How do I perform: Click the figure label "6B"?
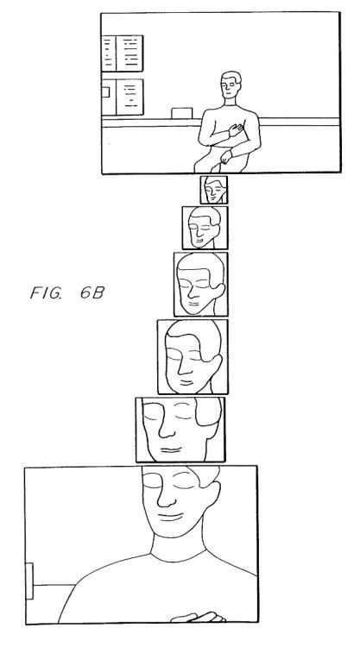92,292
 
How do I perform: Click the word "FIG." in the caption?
46,292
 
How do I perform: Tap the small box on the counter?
181,113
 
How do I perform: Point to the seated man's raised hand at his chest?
237,130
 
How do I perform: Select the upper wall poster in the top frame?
123,53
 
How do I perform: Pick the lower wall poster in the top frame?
123,97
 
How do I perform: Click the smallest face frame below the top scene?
214,190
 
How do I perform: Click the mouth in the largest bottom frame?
170,517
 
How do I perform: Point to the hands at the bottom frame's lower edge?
199,618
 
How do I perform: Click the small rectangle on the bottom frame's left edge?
29,581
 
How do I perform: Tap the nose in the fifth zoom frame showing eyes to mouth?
167,428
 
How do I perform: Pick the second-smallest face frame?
205,228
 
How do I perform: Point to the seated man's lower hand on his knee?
226,156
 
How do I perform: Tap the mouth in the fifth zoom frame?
171,449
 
